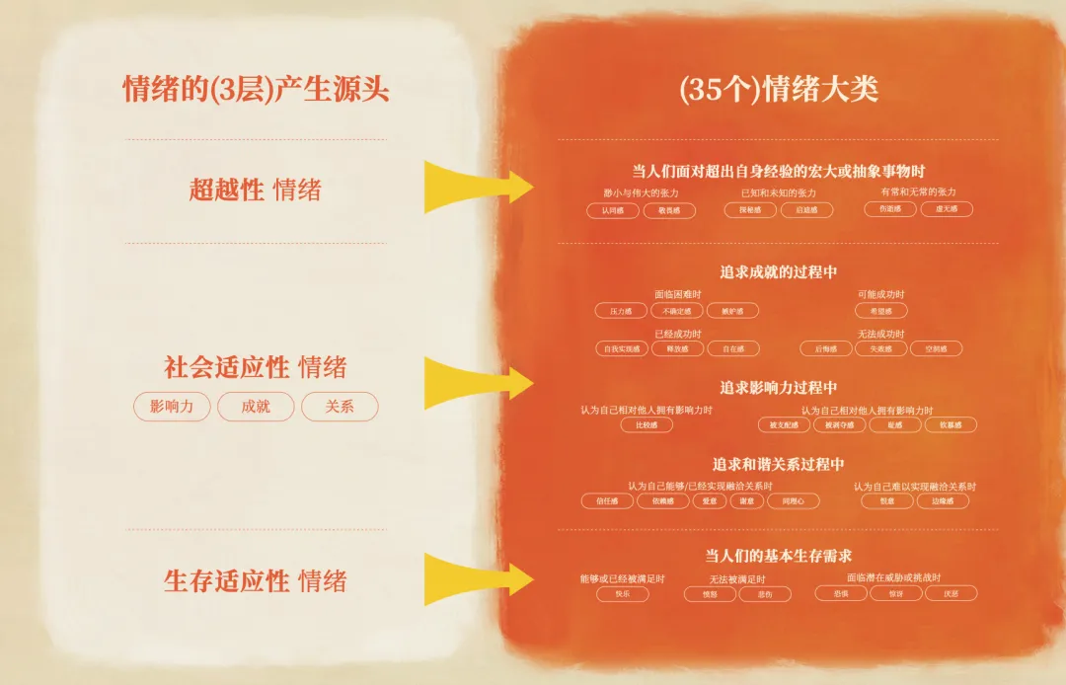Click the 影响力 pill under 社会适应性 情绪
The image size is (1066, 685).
[x=172, y=407]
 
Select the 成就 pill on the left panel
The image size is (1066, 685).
[x=256, y=407]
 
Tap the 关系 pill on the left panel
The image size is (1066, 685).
[x=340, y=407]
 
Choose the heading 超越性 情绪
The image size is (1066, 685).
[x=256, y=190]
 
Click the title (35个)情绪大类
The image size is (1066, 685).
[x=779, y=90]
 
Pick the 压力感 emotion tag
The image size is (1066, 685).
[x=621, y=311]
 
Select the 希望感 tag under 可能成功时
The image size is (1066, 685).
[x=880, y=311]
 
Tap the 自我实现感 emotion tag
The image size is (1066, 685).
[x=622, y=348]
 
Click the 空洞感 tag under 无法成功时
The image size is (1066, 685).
[x=935, y=348]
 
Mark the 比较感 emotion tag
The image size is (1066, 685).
[x=647, y=424]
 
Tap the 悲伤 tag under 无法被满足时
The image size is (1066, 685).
[x=765, y=594]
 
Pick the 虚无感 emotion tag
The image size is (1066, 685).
[x=946, y=209]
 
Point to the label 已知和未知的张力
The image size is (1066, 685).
[x=778, y=192]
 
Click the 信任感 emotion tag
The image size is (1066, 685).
[x=607, y=500]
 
